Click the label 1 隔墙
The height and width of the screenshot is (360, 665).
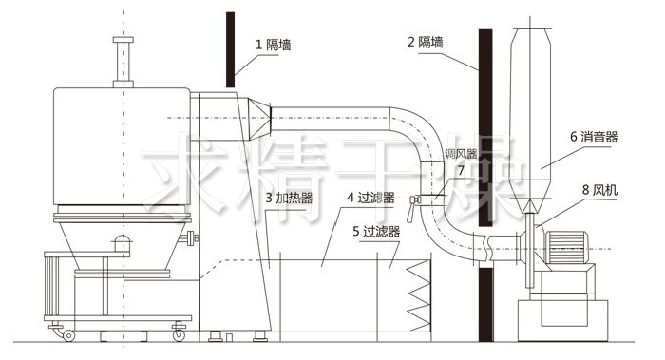point(275,44)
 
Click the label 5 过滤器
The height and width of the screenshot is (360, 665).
point(375,230)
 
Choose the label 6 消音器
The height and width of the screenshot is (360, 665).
point(594,137)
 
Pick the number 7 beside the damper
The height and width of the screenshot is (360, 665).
point(461,171)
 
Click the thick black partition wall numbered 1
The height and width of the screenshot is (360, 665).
point(231,47)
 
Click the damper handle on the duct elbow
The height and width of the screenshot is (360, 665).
point(413,200)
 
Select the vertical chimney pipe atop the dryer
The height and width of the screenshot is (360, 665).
point(121,62)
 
